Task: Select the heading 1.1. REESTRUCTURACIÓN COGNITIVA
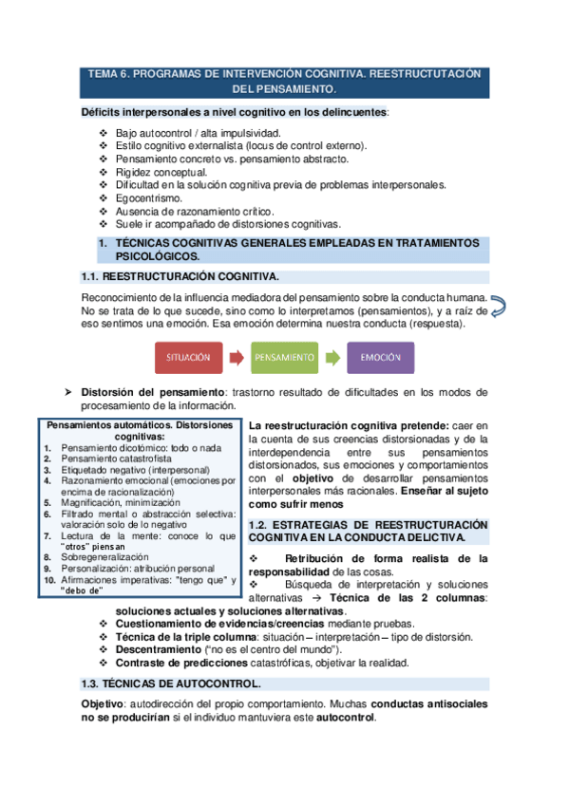(180, 276)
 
